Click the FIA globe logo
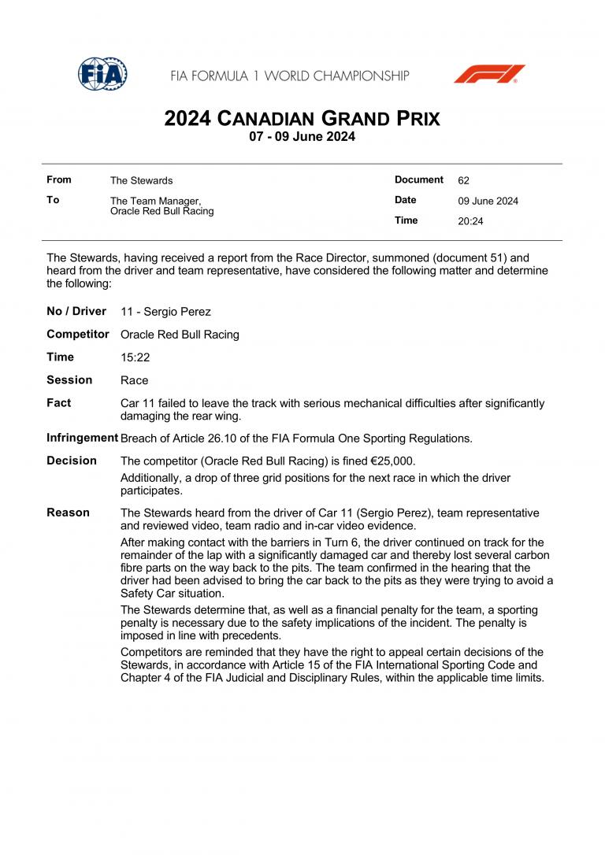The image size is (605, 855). pos(102,74)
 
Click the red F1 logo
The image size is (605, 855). pos(489,75)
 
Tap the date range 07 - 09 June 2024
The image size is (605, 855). pos(302,136)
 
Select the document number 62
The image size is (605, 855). pos(463,180)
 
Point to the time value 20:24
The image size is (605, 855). pos(470,221)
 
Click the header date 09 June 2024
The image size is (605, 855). pos(488,201)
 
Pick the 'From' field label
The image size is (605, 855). pos(59,180)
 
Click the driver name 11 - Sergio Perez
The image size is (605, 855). pos(165,312)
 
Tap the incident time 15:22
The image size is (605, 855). pos(135,357)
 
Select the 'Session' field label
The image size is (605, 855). pos(69,380)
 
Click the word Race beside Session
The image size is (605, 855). pos(134,380)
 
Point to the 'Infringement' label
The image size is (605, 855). pos(82,438)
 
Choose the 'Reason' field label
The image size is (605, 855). pos(68,513)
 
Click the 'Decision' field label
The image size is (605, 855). pos(72,461)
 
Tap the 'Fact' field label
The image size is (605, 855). pos(59,403)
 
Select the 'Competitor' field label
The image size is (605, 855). pos(78,334)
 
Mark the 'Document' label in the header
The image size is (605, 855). pos(419,180)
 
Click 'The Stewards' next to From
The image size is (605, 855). pos(141,181)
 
